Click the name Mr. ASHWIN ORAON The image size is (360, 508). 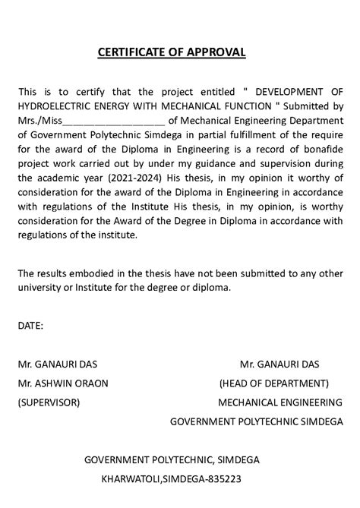tap(63, 383)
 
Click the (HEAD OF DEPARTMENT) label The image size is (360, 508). tap(274, 383)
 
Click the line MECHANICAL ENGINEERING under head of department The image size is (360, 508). tap(280, 402)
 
